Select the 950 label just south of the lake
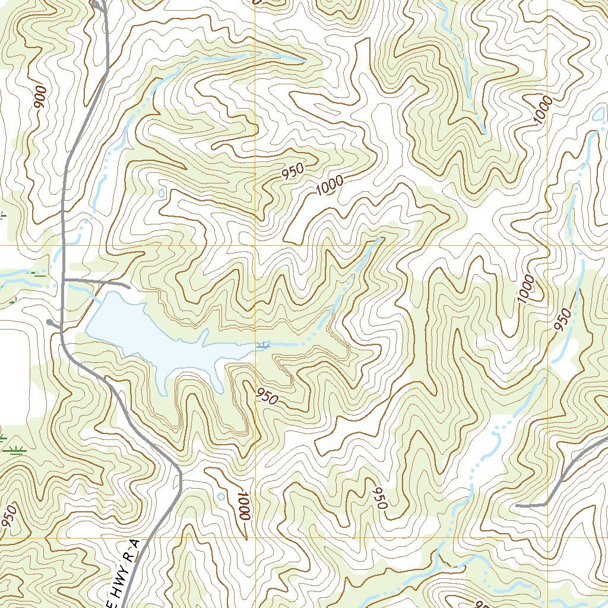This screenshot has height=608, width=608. tap(267, 396)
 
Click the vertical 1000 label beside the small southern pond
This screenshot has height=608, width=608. tap(243, 506)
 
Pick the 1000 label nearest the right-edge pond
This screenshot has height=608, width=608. tap(542, 110)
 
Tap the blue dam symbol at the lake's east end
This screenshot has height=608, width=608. tap(262, 344)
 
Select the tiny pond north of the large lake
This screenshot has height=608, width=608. tap(163, 193)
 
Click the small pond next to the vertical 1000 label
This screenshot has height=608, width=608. tap(221, 496)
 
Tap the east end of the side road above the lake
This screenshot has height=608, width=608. tap(127, 286)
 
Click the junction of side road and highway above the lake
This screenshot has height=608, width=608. tap(63, 279)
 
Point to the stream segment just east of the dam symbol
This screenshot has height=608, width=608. tap(285, 344)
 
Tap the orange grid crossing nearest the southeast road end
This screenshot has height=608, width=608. tap(547, 538)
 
